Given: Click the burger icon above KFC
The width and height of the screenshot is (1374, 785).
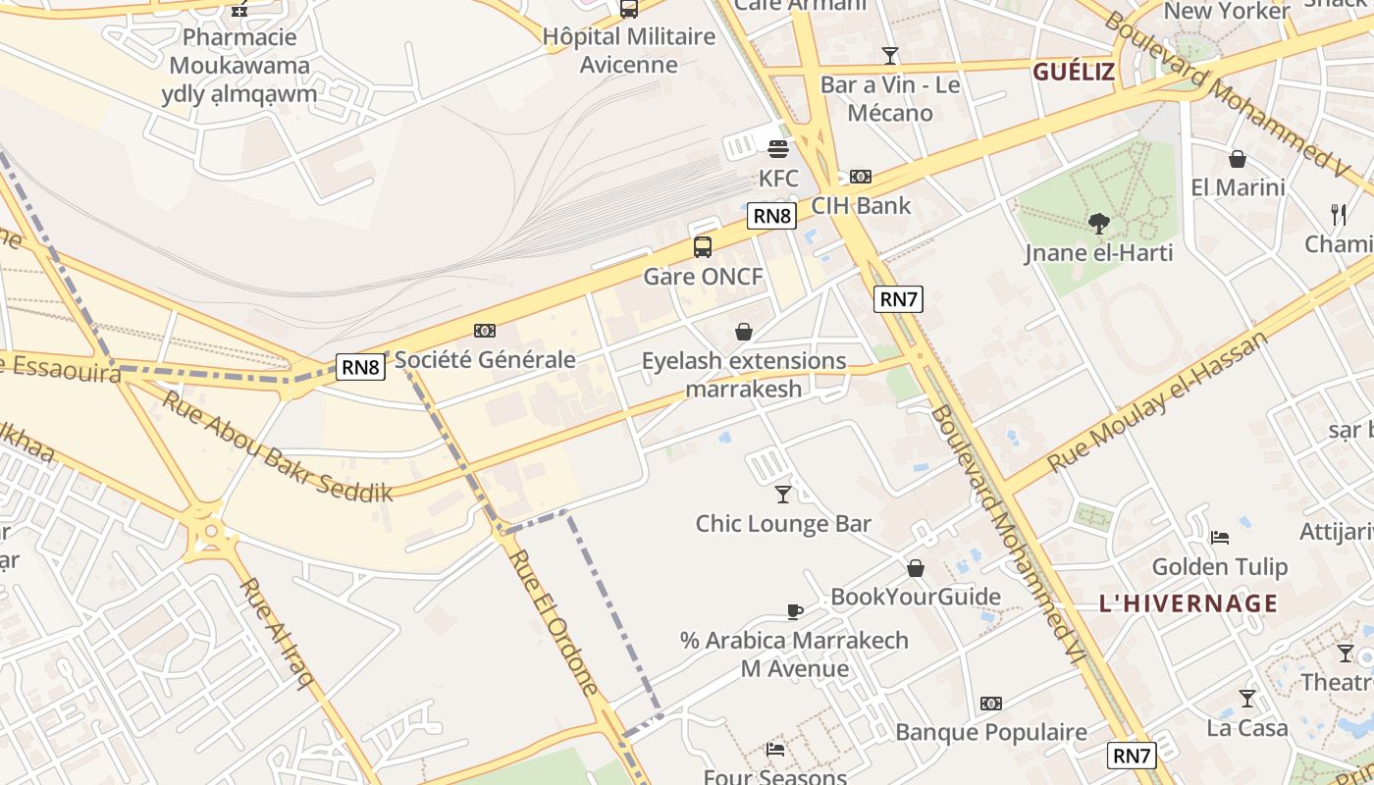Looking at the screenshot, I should click(x=778, y=150).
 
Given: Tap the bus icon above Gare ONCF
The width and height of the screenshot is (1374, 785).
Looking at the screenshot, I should click(x=703, y=247).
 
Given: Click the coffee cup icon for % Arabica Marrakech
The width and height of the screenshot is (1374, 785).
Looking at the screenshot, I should click(x=795, y=611).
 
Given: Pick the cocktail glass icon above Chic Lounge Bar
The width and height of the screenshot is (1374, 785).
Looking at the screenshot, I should click(x=783, y=494).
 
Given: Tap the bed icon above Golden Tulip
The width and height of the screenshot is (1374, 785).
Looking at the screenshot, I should click(x=1220, y=538).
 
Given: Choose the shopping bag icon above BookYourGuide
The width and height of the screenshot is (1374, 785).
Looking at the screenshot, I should click(x=916, y=568).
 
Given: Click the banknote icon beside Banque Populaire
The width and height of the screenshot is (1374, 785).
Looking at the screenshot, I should click(x=991, y=704).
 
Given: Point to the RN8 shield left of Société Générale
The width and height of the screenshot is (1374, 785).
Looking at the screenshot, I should click(x=360, y=367).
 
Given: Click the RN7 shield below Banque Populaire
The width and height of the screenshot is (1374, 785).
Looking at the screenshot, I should click(x=1132, y=756).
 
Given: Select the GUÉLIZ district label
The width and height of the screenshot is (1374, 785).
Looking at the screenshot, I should click(x=1074, y=72).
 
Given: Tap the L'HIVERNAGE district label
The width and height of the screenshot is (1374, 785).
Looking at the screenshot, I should click(x=1189, y=602).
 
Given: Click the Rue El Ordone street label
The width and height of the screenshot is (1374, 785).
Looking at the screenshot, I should click(x=555, y=622).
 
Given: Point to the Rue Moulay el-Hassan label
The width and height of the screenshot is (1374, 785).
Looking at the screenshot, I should click(x=1158, y=401).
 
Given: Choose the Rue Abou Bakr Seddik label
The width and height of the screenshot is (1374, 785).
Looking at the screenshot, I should click(x=277, y=446).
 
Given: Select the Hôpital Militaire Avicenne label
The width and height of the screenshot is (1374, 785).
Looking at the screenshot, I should click(x=629, y=51).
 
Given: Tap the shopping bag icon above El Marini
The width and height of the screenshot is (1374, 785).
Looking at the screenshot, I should click(x=1238, y=159).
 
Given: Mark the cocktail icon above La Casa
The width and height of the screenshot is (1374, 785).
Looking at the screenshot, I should click(x=1247, y=699).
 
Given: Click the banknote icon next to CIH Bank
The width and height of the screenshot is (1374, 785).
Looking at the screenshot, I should click(x=861, y=177).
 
